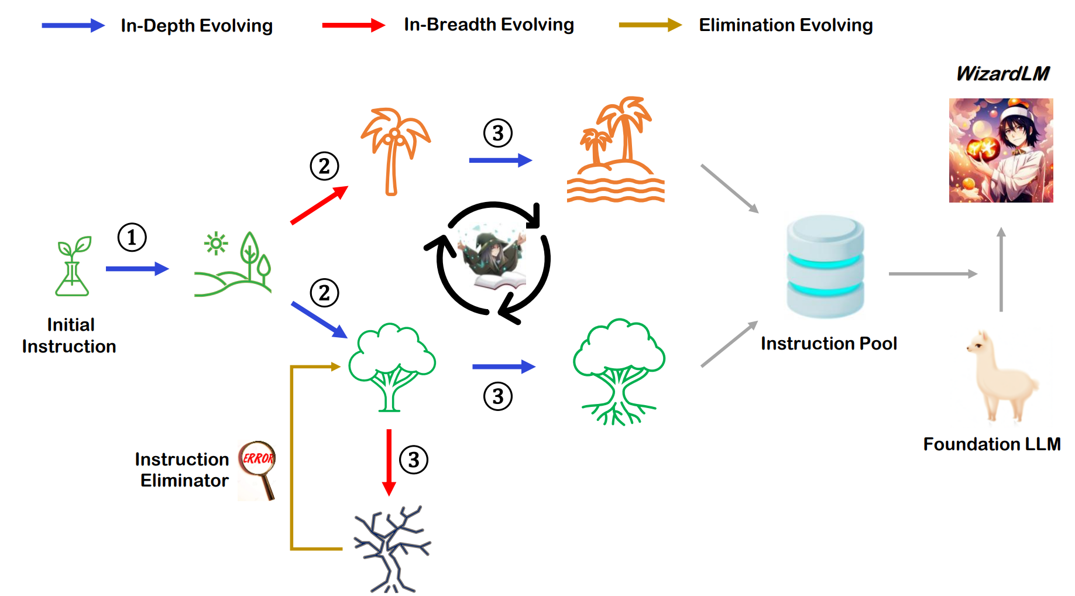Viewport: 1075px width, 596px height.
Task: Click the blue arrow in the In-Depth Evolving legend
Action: pyautogui.click(x=73, y=25)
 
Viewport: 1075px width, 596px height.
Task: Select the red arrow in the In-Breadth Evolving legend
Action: pyautogui.click(x=353, y=25)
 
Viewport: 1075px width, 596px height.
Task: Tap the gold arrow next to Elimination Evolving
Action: pyautogui.click(x=650, y=25)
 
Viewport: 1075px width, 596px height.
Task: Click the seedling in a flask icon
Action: pyautogui.click(x=73, y=266)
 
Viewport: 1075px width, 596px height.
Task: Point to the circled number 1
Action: pyautogui.click(x=132, y=238)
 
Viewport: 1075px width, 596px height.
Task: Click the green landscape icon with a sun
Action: pyautogui.click(x=233, y=264)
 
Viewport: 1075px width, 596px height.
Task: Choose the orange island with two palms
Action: pyautogui.click(x=616, y=150)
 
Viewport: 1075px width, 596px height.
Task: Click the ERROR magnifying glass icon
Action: pyautogui.click(x=257, y=469)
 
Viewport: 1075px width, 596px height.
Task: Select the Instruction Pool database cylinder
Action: pyautogui.click(x=825, y=266)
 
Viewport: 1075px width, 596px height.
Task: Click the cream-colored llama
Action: pyautogui.click(x=1001, y=375)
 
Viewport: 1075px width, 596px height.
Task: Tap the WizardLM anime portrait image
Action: pyautogui.click(x=1001, y=150)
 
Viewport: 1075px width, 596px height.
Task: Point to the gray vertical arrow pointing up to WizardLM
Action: pyautogui.click(x=1001, y=269)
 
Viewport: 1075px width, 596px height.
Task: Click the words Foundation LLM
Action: pyautogui.click(x=991, y=444)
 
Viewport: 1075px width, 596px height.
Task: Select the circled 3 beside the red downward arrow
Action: pyautogui.click(x=414, y=460)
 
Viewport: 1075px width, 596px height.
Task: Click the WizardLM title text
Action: pyautogui.click(x=1002, y=74)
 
